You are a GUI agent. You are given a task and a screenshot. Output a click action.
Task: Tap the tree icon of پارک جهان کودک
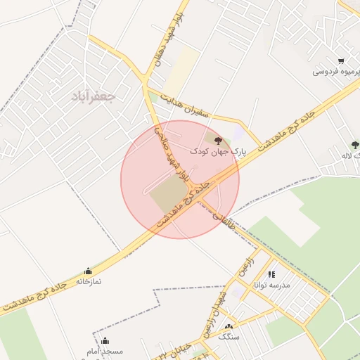click(x=218, y=139)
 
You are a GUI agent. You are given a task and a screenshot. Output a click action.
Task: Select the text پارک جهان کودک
click(x=218, y=151)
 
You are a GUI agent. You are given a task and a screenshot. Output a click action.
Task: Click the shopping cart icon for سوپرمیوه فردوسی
click(x=341, y=61)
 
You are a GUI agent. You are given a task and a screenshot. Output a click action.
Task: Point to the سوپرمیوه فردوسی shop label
click(x=337, y=72)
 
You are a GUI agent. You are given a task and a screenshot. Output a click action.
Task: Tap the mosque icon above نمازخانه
click(x=88, y=271)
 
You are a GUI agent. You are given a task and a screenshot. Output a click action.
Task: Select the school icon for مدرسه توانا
click(x=271, y=275)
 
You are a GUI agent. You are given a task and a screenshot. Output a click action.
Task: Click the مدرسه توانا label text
click(x=271, y=285)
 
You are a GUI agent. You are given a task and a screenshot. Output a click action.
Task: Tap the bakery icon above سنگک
click(x=229, y=327)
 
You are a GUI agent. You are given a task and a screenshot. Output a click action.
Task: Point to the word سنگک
click(x=229, y=337)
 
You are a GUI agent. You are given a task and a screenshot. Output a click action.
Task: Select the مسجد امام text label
click(x=105, y=351)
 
